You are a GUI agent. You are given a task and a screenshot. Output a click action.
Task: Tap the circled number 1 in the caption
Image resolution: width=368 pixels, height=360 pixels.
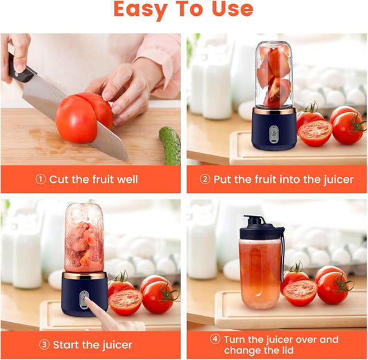click(41, 179)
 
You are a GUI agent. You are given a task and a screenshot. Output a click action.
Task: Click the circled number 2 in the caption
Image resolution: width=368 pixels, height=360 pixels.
click(205, 179)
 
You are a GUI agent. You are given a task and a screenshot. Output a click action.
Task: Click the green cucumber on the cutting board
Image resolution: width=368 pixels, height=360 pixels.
click(169, 145)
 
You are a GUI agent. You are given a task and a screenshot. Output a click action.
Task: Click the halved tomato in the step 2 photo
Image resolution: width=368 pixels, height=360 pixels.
click(315, 132)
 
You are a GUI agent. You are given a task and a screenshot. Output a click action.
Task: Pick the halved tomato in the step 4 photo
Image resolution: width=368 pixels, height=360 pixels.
click(300, 292)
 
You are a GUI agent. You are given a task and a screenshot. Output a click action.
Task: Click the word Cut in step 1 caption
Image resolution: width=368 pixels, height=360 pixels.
click(59, 179)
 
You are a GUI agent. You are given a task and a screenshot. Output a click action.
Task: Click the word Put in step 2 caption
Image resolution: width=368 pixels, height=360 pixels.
click(222, 179)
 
